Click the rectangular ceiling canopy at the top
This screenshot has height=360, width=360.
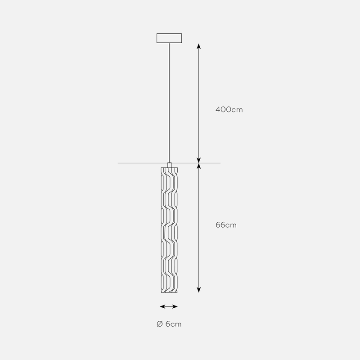169,38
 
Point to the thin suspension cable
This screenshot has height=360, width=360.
169,103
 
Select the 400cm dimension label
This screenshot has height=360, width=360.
229,109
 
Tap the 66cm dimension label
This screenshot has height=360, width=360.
226,225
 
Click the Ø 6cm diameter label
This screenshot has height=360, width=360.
169,324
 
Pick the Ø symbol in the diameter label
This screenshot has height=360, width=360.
159,324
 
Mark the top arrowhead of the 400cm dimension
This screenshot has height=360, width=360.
199,45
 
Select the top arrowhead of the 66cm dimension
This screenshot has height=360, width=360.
199,166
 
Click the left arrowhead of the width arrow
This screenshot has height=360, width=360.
162,306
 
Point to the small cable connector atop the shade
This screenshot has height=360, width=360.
169,165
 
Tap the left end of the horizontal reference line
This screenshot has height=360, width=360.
119,163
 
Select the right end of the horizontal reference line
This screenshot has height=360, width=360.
220,163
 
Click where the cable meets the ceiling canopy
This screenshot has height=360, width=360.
169,43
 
